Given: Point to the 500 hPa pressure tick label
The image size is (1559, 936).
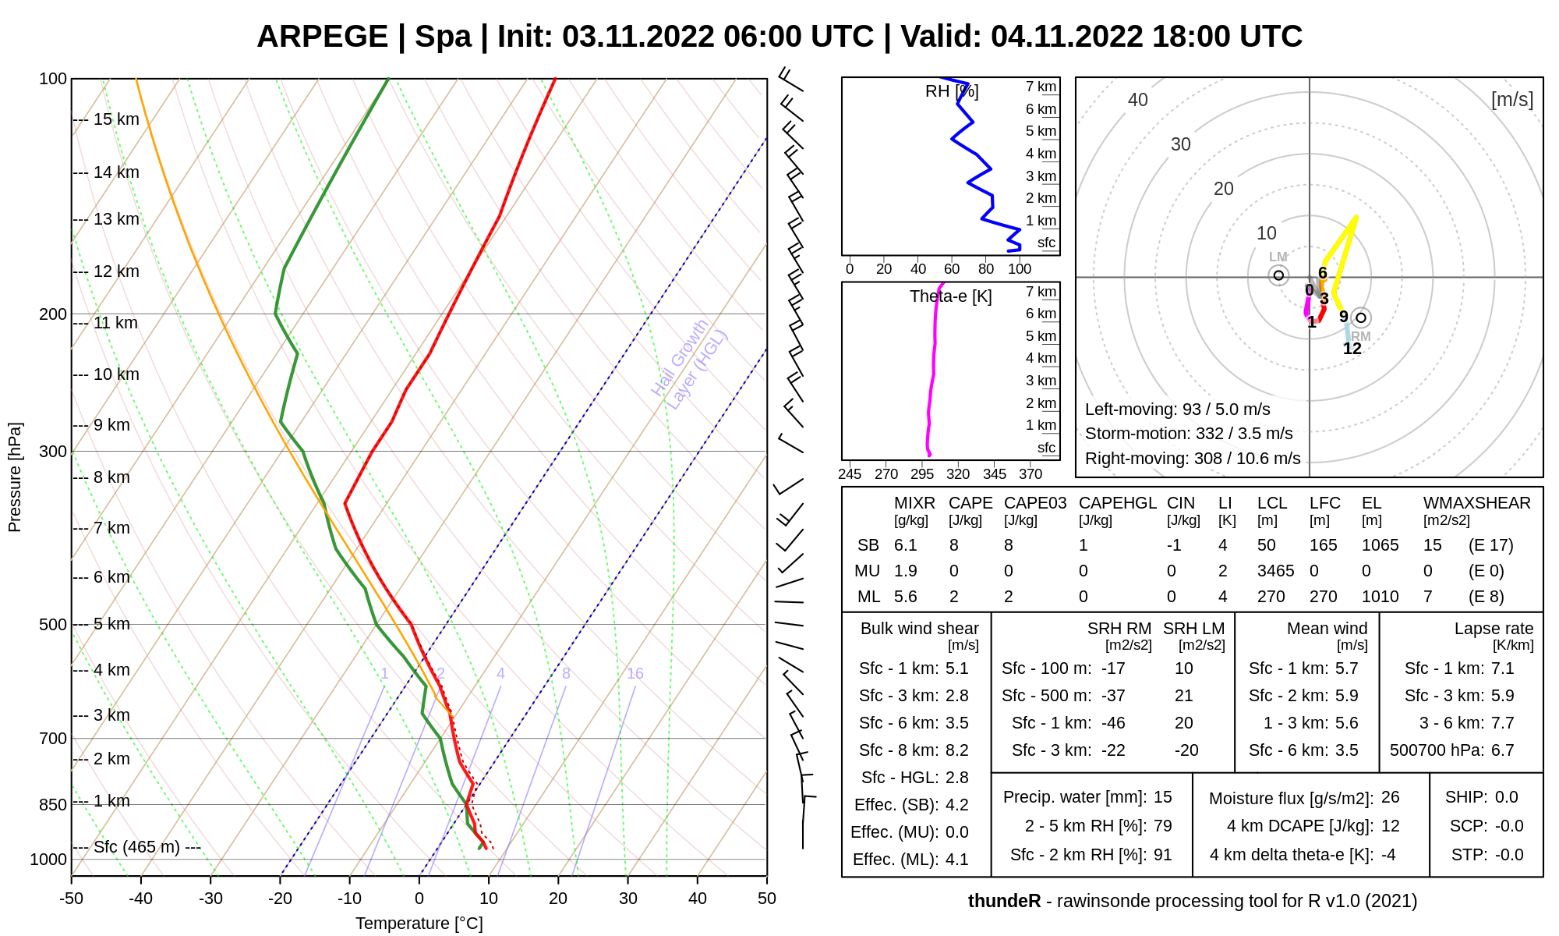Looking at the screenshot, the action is click(53, 625).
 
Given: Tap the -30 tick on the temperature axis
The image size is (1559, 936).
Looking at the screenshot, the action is click(210, 899).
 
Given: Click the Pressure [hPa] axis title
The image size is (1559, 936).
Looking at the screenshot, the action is click(15, 477).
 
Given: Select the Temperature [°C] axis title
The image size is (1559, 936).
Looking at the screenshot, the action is click(419, 924).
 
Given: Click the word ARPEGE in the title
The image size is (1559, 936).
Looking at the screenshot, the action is click(322, 37).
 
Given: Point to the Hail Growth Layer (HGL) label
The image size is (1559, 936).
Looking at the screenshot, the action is click(689, 364).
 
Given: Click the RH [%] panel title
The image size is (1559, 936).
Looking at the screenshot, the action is click(952, 91).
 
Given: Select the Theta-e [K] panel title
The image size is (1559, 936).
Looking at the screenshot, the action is click(951, 296).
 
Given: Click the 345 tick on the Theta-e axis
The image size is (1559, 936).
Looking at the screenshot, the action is click(995, 474).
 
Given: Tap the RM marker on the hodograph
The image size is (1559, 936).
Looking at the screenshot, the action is click(1361, 317).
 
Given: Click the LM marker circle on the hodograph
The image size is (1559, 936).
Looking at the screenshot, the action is click(1278, 275).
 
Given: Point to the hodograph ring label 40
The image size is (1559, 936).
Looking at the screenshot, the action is click(1138, 100).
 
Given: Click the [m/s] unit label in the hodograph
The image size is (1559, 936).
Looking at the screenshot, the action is click(1512, 100).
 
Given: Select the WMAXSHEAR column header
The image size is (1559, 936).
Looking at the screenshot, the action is click(1477, 503).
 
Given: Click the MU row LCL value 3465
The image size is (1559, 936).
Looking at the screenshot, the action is click(1276, 571).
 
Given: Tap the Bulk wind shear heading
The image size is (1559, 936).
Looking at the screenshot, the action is click(920, 629).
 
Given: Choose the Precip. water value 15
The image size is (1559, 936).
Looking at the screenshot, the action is click(1163, 797).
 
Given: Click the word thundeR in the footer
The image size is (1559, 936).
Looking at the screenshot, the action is click(1005, 901).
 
